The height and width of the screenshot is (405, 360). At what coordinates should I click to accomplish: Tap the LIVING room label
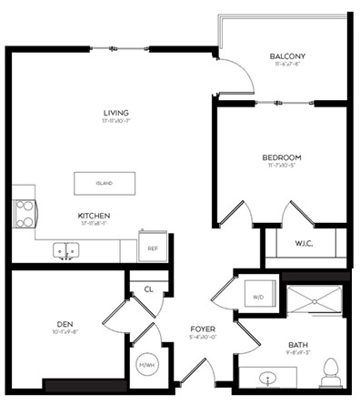click(x=116, y=113)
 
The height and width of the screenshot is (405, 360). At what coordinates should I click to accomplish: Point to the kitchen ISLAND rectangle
click(x=105, y=183)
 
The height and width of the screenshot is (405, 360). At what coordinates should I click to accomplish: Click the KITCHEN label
click(x=94, y=216)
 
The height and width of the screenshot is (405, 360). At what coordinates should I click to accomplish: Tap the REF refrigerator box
click(x=153, y=247)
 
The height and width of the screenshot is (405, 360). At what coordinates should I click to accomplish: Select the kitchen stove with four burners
click(x=25, y=213)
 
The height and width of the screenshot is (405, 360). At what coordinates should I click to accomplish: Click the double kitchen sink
click(x=65, y=249)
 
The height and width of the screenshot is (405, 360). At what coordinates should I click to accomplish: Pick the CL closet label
click(x=148, y=289)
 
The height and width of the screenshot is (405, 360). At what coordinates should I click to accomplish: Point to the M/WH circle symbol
click(x=146, y=366)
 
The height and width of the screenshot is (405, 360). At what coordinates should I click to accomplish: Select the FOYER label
click(x=202, y=329)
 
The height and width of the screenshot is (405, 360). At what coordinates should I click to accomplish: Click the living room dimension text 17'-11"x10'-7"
click(x=116, y=121)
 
